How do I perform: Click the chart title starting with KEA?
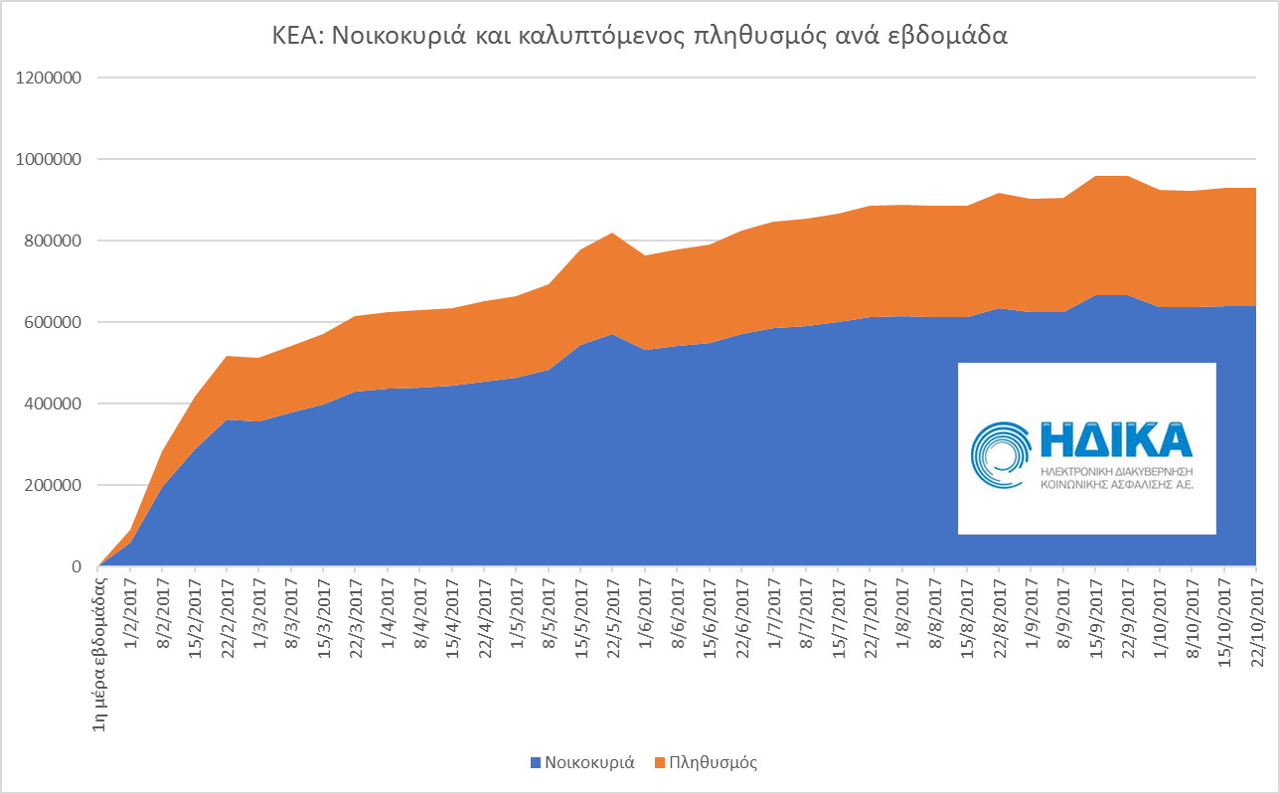(x=640, y=37)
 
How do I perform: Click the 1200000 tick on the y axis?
(x=48, y=78)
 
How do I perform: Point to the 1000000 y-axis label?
(x=48, y=159)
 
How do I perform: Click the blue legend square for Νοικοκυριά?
(x=536, y=763)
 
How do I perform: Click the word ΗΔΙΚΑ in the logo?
(x=1114, y=439)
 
